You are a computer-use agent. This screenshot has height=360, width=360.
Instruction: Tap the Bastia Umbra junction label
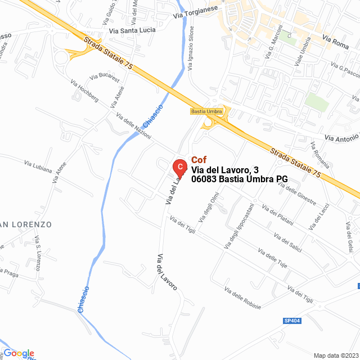tap(206, 111)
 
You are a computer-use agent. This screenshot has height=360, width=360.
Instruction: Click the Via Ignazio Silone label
tap(191, 48)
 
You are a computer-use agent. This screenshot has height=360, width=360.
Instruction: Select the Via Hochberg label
tap(84, 91)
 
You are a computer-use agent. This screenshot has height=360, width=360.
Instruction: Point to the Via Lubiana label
tap(38, 166)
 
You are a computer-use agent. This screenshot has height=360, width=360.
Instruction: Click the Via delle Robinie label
tap(242, 298)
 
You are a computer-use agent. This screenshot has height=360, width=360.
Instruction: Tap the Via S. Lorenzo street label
tap(38, 256)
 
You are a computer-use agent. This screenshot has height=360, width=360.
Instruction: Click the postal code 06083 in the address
tap(204, 179)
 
